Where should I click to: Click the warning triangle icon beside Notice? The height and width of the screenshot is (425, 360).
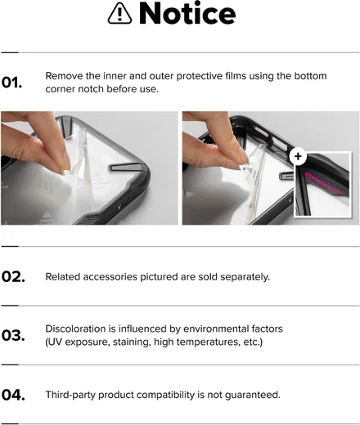pos(119,14)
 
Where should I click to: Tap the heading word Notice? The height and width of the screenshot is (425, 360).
pos(187,13)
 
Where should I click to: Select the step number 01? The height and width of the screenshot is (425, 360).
pos(11,83)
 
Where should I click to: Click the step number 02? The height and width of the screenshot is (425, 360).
pos(13,277)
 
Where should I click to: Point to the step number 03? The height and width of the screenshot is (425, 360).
pos(13,335)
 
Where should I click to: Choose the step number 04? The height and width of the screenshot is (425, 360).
pos(13,395)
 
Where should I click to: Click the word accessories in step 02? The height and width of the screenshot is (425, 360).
pos(110,277)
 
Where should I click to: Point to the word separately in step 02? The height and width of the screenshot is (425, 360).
pos(245,277)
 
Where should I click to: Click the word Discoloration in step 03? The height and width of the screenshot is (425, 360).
pos(76,329)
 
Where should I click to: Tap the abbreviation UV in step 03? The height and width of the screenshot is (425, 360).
pos(56,342)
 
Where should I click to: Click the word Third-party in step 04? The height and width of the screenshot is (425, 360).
pos(70,395)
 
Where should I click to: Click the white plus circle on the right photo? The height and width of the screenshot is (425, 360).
pos(298,156)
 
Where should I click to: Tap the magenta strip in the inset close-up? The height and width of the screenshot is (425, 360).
pos(324,183)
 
